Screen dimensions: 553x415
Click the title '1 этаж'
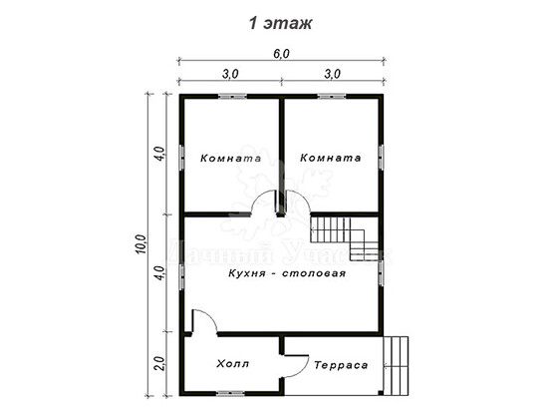coord(280,24)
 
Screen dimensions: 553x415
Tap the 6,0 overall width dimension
coord(281,54)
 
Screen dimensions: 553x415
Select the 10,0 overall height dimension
coord(140,244)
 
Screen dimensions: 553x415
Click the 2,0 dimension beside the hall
coord(160,363)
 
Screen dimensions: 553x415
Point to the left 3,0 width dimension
coord(230,74)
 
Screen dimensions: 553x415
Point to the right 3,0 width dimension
coord(332,74)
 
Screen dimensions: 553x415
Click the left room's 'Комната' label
coord(231,158)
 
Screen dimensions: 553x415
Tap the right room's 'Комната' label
coord(331,158)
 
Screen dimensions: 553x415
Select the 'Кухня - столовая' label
coord(287,273)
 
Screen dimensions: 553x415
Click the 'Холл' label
coord(233,363)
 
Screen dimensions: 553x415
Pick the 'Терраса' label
coord(341,365)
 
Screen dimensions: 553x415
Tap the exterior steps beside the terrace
coord(396,366)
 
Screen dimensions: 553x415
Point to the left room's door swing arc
coord(257,199)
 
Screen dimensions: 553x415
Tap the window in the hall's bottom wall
coord(230,393)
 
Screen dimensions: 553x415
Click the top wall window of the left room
coord(232,96)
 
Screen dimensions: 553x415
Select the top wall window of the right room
coord(332,96)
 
